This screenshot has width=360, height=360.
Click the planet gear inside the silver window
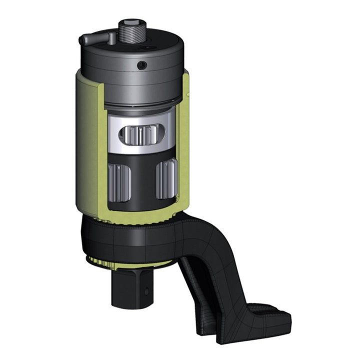click(x=141, y=135)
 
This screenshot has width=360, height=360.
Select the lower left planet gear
click(x=118, y=182)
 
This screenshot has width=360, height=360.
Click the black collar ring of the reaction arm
click(x=125, y=240)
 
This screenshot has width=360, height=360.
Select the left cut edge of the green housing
click(x=104, y=150)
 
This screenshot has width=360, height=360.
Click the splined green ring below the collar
click(x=105, y=260)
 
